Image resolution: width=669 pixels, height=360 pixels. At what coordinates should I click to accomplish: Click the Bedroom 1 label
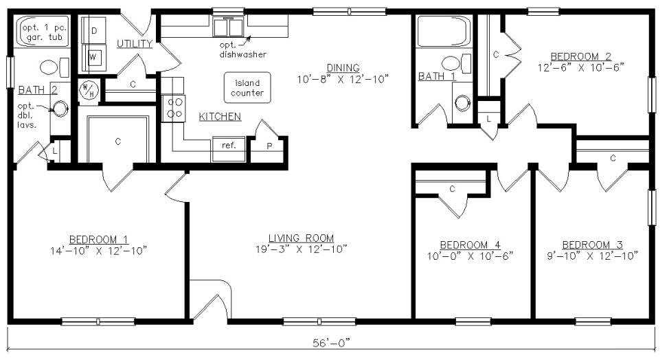(x=98, y=239)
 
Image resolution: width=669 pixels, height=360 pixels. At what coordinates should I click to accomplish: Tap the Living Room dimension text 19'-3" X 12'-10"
(x=302, y=249)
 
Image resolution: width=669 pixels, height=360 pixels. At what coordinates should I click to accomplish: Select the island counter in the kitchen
(x=247, y=87)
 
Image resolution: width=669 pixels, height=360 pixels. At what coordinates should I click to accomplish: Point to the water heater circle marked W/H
(x=89, y=90)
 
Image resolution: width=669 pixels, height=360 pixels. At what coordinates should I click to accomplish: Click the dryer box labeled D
(x=93, y=30)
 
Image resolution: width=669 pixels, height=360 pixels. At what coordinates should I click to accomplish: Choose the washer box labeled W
(x=93, y=57)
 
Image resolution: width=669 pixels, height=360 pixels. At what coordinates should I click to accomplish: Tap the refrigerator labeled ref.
(x=229, y=149)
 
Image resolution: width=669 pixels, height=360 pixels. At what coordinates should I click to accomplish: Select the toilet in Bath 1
(x=455, y=64)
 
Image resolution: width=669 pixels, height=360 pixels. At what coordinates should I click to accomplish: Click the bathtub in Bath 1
(x=444, y=31)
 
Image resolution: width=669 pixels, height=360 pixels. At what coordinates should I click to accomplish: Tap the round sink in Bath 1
(x=462, y=103)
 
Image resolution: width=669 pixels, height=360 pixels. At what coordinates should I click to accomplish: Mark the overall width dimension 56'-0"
(x=331, y=343)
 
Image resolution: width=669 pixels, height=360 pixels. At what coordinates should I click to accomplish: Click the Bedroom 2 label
(x=580, y=56)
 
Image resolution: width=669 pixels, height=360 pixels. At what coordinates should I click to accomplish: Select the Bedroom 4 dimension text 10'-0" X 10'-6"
(x=470, y=256)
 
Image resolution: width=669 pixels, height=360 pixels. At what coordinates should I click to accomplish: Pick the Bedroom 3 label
(x=592, y=245)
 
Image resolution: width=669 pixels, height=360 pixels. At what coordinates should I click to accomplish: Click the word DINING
(x=343, y=67)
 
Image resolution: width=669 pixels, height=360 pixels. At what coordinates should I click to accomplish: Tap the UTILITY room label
(x=135, y=43)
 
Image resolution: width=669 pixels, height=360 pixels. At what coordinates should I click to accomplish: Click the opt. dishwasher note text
(x=242, y=49)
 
